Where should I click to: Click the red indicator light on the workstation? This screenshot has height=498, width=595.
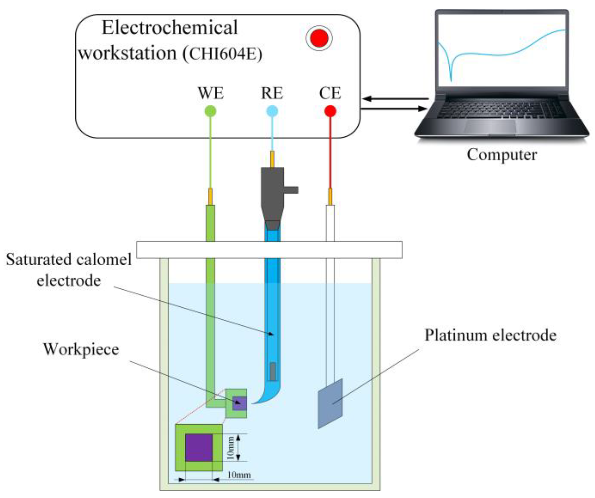tap(319, 38)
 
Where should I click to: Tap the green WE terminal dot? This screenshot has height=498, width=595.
tap(210, 111)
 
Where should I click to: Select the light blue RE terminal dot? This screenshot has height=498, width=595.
tap(272, 111)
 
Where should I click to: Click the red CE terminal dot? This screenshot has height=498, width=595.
tap(330, 111)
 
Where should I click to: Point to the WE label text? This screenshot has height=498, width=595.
tap(211, 93)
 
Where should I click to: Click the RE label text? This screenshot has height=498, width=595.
tap(272, 93)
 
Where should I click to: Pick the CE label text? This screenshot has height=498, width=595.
tap(330, 93)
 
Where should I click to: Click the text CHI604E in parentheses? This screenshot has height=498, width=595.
tap(222, 53)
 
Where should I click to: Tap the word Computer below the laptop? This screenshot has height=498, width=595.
tap(502, 155)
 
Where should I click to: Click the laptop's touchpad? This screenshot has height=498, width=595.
tap(490, 126)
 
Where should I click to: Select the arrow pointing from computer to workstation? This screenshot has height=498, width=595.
tap(395, 99)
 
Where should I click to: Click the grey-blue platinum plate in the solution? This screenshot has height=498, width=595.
tap(330, 404)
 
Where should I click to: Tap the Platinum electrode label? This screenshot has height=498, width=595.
tap(490, 335)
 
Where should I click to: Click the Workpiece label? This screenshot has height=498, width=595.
tap(81, 349)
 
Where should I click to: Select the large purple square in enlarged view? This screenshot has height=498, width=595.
tap(199, 447)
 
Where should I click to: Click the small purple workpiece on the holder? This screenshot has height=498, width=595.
tap(239, 403)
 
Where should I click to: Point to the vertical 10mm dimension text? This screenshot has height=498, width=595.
tap(230, 447)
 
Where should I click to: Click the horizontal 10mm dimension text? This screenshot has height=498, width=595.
tap(239, 475)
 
